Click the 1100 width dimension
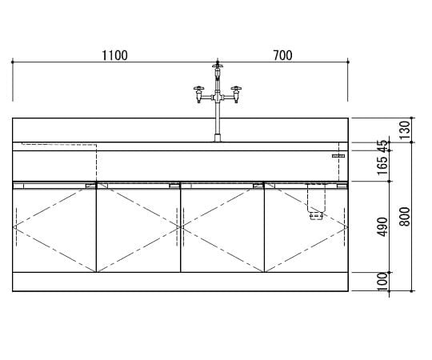point(114,55)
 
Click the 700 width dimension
point(282,55)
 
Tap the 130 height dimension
point(405,130)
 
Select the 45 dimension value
point(382,146)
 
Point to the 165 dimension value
point(382,166)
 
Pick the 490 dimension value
point(382,226)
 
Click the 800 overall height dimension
point(405,217)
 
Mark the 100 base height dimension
point(382,282)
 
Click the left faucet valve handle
point(198,89)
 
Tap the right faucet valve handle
point(236,89)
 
